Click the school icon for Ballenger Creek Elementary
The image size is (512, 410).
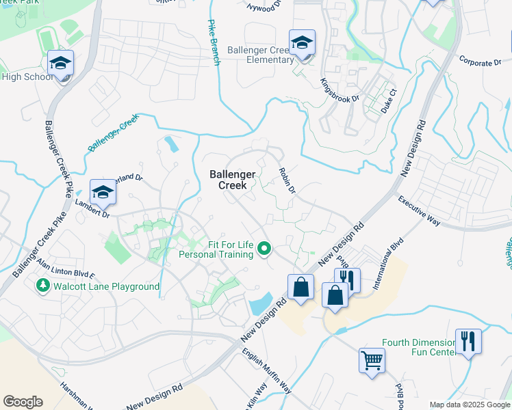point(302,43)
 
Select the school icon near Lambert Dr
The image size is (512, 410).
point(103,192)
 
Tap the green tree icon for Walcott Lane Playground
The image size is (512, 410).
point(44,286)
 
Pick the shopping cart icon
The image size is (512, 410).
point(372,359)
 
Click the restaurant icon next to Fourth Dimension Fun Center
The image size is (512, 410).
point(468,340)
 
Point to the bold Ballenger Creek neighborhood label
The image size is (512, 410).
point(232,180)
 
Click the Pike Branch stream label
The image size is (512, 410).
point(214,42)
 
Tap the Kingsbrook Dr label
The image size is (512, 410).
point(340,90)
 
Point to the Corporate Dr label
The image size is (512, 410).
point(480,62)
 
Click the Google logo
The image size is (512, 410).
point(23,402)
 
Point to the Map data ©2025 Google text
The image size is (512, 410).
point(469,405)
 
